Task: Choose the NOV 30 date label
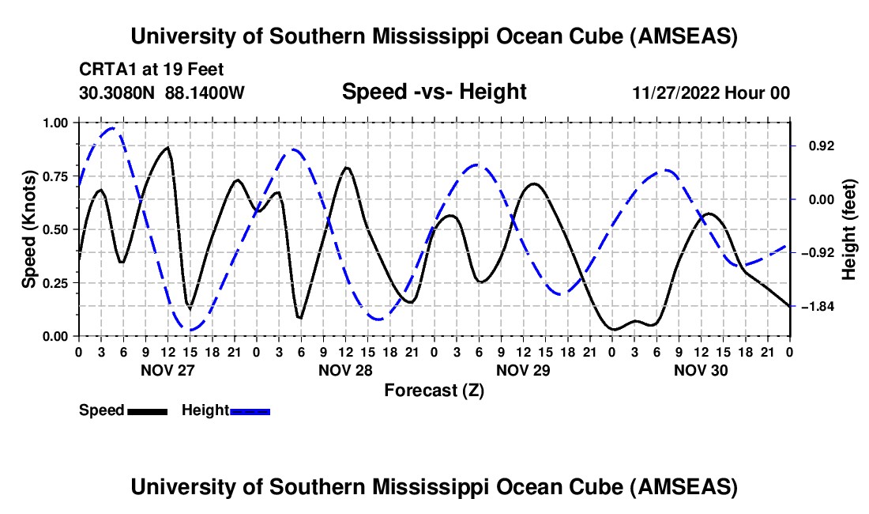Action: pos(700,369)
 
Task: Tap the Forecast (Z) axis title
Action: pos(434,391)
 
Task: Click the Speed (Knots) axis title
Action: pos(29,229)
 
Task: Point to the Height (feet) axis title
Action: pos(848,229)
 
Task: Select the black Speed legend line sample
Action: pos(147,411)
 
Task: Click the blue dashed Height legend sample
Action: pos(250,411)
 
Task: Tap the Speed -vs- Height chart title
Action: pos(434,92)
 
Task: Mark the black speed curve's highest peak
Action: pos(167,147)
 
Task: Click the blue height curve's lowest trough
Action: pos(190,330)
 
